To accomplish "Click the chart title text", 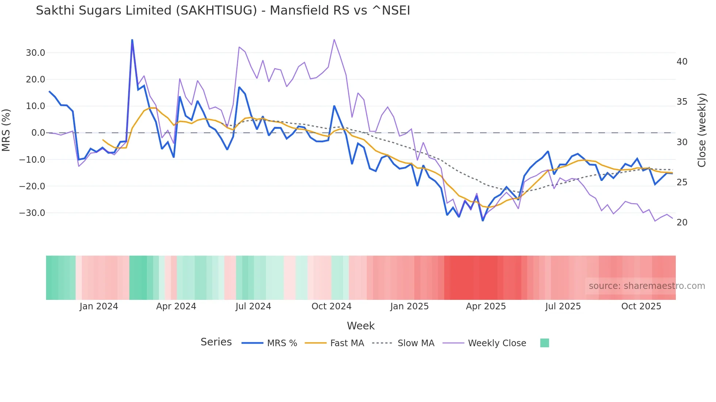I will click(x=223, y=11).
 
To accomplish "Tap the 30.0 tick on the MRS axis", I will click(x=35, y=53).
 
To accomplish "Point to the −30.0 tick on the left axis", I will click(x=32, y=213).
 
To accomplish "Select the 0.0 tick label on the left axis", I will click(x=38, y=133).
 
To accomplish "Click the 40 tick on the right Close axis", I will click(x=682, y=62).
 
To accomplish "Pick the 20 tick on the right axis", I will click(x=682, y=223).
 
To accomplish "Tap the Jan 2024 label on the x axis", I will click(x=99, y=306).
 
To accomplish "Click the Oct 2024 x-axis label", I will click(x=331, y=306).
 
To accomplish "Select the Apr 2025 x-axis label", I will click(x=486, y=306).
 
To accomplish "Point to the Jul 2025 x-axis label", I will click(x=563, y=306).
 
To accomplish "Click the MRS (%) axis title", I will click(x=6, y=130).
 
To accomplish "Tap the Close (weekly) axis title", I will click(x=702, y=130).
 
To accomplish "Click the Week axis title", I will click(x=361, y=326).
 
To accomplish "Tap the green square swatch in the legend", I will click(x=544, y=343).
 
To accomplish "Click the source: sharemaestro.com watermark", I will click(x=647, y=286).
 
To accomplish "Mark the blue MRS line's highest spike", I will click(x=132, y=40).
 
